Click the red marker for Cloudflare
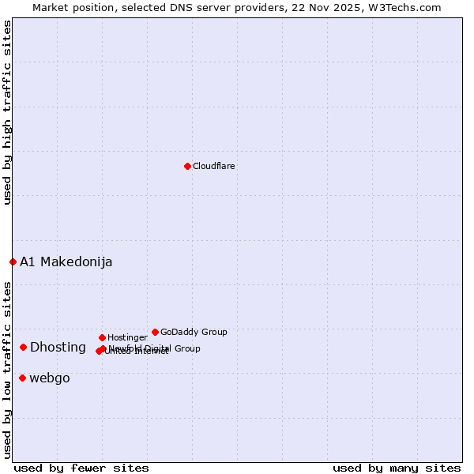coord(187,166)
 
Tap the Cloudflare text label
coord(214,166)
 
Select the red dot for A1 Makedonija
coord(13,261)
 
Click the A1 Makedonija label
coord(66,261)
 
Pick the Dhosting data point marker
coord(24,347)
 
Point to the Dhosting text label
coord(58,347)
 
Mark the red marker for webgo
coord(22,378)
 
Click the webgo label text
coord(50,378)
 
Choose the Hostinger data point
coord(102,337)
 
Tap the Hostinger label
coord(127,337)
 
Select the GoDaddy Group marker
coord(155,332)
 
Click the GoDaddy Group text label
coord(194,332)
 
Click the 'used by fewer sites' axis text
coord(81,468)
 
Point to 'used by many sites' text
coord(397,468)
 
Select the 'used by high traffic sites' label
coord(7,112)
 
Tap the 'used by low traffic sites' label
coord(7,369)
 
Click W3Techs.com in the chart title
coord(407,7)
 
